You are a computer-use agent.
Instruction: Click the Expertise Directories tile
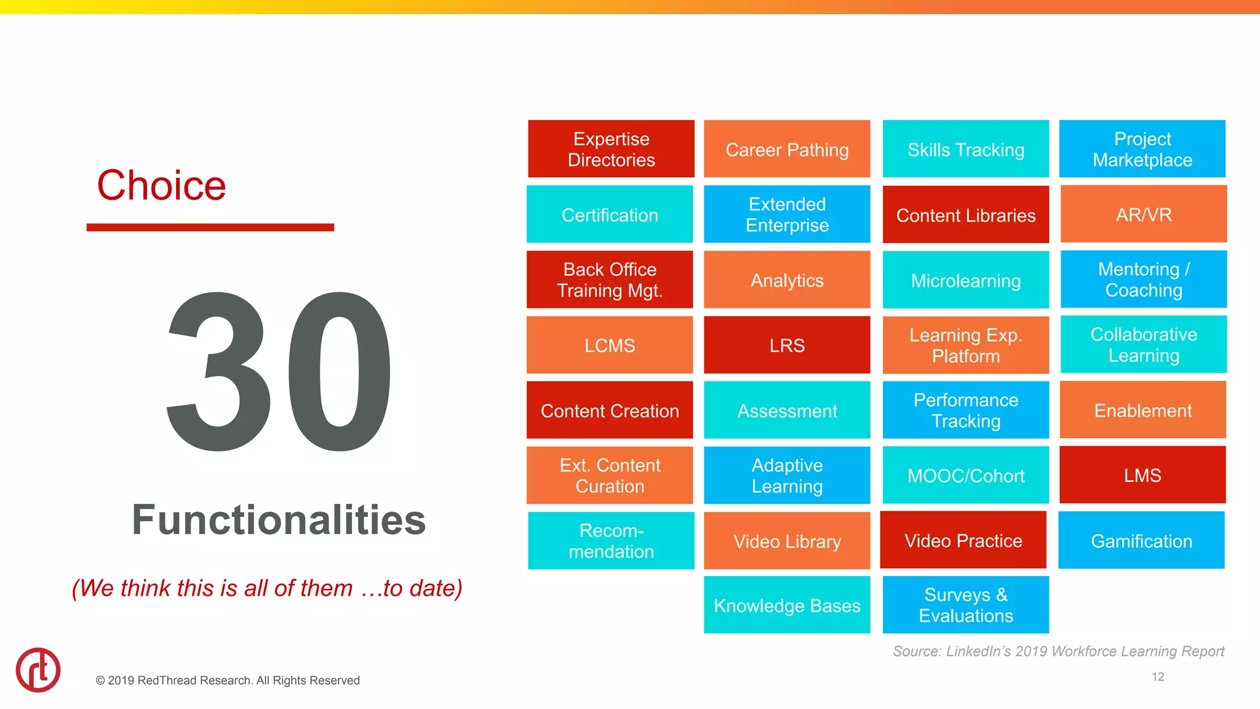pos(611,149)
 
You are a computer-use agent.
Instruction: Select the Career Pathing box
pos(787,149)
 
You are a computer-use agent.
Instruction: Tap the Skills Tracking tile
pos(965,149)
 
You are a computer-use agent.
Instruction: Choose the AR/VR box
pos(1143,214)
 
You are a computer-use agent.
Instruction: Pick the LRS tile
pos(787,345)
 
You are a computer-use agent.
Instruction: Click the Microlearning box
pos(965,280)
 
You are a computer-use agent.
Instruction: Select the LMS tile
pos(1142,475)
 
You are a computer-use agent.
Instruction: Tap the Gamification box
pos(1141,540)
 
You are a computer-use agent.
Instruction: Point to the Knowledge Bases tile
pos(787,605)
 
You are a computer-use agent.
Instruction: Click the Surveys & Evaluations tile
pos(965,605)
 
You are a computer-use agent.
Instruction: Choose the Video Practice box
pos(963,540)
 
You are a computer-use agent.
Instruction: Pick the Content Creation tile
pos(610,410)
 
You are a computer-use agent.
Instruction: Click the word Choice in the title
pos(162,185)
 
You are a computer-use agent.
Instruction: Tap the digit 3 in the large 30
pos(220,371)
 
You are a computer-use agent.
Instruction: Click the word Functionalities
pos(279,520)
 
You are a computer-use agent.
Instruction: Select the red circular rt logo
pos(38,670)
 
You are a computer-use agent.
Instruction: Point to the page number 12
pos(1157,676)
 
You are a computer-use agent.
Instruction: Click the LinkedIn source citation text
pos(1058,651)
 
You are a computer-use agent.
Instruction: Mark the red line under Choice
pos(210,228)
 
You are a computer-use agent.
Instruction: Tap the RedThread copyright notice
pos(228,680)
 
